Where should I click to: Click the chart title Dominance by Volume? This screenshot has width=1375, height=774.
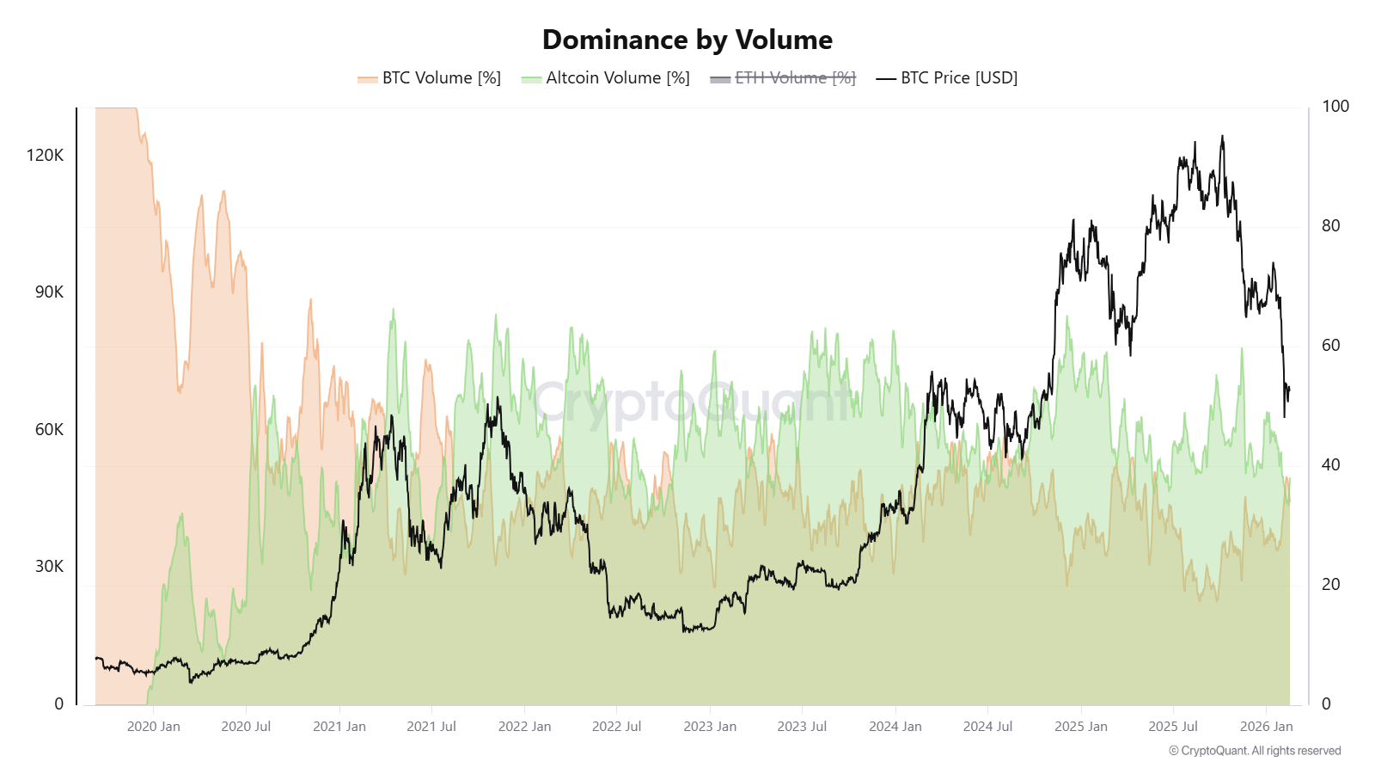(687, 40)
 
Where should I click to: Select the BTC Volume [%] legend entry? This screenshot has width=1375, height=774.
(430, 78)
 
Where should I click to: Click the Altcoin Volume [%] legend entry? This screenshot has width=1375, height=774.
(606, 78)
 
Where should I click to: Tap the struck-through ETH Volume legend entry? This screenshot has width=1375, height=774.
(783, 78)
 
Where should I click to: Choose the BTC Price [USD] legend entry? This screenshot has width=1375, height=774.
(947, 78)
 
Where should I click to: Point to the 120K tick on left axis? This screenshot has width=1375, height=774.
(45, 156)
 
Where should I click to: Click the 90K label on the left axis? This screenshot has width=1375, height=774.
(49, 292)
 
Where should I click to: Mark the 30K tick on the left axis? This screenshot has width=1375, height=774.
(49, 567)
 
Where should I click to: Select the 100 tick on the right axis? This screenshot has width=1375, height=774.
(1335, 107)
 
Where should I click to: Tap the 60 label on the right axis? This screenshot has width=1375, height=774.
(1330, 346)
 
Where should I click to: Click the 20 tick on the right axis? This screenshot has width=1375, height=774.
(1330, 585)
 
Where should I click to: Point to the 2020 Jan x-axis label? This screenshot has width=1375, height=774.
(154, 727)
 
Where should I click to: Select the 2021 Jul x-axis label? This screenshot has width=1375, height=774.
(431, 727)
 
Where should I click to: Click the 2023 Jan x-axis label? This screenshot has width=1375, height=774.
(710, 727)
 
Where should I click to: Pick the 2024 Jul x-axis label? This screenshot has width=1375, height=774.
(987, 727)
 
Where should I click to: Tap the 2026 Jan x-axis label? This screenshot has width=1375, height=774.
(1266, 727)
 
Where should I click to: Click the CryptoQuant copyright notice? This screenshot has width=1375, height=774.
(1255, 751)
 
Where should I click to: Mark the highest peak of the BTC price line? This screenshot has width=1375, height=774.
(1222, 137)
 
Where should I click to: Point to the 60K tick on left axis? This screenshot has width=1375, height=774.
(49, 430)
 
